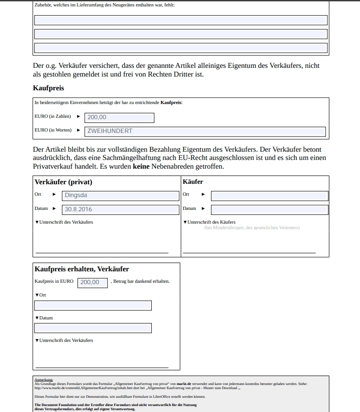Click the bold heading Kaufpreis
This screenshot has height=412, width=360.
[49, 88]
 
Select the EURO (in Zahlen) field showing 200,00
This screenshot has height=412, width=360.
[119, 118]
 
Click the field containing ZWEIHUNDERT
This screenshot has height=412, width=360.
[205, 132]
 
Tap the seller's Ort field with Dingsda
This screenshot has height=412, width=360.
[121, 196]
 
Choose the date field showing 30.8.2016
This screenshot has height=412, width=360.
[121, 209]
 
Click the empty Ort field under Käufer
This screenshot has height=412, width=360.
[270, 196]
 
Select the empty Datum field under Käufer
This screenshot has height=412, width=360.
[270, 209]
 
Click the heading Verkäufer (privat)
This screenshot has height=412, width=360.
[64, 182]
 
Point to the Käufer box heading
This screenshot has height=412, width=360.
[193, 182]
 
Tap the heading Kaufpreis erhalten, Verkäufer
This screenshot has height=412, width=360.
[82, 269]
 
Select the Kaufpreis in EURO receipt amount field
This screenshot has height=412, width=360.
[93, 283]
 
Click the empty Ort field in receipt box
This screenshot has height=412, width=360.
[93, 306]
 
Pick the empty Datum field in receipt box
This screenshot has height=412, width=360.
[93, 328]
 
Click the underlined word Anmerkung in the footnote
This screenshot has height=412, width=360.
[44, 379]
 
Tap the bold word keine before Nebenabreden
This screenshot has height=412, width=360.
[141, 166]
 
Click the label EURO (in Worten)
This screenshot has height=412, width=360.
[53, 130]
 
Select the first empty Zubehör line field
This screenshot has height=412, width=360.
[181, 20]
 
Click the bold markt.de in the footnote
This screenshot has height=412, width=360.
[184, 383]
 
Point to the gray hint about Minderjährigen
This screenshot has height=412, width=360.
[252, 228]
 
